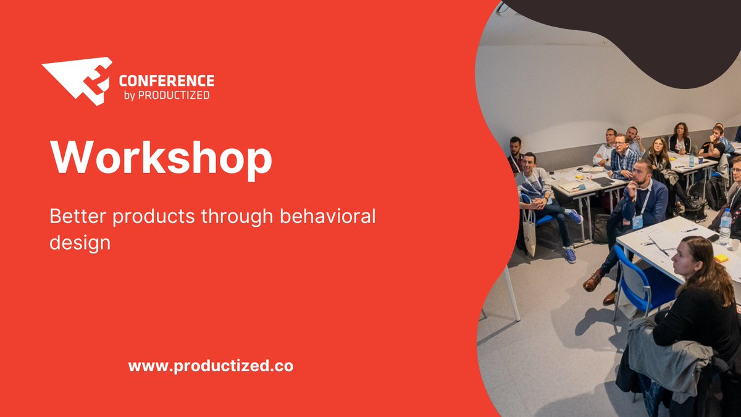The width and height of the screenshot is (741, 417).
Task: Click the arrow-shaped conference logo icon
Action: (77, 80)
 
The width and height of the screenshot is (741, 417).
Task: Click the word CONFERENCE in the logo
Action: (166, 81)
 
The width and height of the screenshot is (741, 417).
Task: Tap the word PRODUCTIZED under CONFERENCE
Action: (174, 96)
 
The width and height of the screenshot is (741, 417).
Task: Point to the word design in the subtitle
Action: (80, 242)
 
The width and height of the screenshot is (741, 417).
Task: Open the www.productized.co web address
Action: (211, 366)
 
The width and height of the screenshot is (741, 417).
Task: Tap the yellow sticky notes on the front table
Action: (721, 258)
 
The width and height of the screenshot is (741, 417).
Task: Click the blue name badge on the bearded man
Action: (637, 221)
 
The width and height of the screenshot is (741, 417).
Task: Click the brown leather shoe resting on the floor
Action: (592, 282)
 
